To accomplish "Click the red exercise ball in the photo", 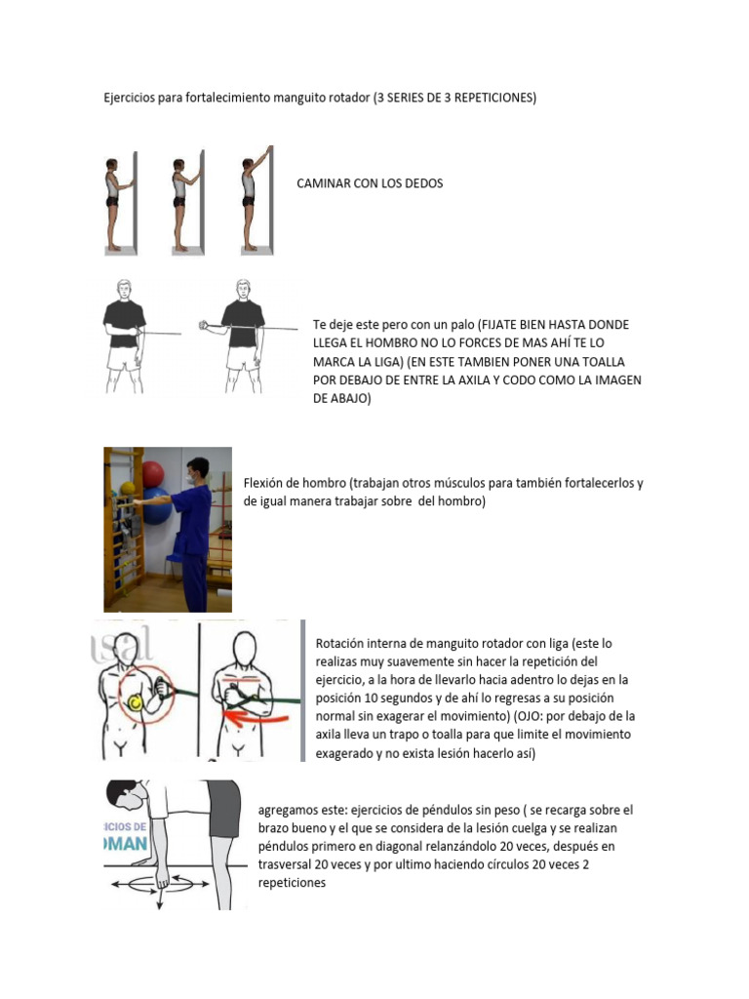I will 153,475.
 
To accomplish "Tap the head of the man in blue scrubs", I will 199,470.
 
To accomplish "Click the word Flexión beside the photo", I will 267,484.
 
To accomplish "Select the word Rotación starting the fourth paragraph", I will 343,644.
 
